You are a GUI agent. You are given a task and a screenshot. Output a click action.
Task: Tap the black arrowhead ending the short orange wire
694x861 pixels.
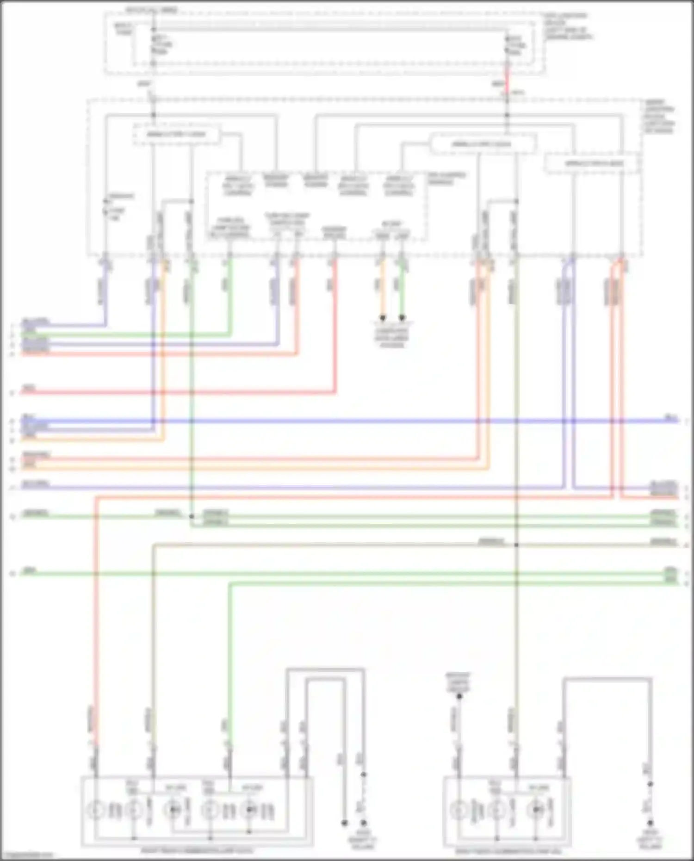[382, 318]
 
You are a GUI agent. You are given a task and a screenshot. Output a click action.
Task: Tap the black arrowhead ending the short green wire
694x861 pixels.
[402, 318]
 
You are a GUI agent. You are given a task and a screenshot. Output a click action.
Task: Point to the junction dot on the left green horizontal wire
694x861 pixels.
[192, 516]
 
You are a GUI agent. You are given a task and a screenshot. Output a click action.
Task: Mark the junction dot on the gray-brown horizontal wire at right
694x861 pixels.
[516, 545]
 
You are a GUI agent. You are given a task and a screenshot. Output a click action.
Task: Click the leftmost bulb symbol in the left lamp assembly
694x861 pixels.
[95, 811]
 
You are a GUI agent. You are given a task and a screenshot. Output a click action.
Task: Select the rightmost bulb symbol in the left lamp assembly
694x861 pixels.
[249, 811]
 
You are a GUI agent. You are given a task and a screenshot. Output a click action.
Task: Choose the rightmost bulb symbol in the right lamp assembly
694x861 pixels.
[536, 811]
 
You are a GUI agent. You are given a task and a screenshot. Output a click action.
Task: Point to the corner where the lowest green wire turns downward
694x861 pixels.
[230, 584]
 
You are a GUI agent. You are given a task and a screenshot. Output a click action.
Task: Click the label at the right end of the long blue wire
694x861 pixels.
[670, 418]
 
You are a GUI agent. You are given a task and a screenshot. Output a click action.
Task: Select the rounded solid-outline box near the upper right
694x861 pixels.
[483, 144]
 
